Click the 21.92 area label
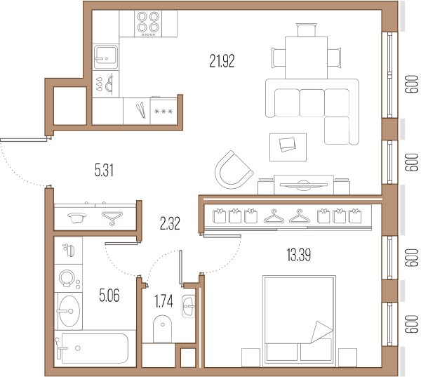222,61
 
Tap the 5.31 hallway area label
104,171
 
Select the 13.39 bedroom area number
299,255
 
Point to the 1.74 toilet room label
163,301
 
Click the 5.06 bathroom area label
109,296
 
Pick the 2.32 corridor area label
170,223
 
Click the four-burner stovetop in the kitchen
148,24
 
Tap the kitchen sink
106,57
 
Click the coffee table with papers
288,147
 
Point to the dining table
306,58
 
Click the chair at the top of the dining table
307,29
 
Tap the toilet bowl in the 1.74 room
162,329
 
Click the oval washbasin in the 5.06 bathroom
69,311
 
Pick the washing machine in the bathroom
69,279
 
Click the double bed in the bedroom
299,321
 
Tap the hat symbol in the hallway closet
76,218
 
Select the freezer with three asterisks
163,111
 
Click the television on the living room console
304,185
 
